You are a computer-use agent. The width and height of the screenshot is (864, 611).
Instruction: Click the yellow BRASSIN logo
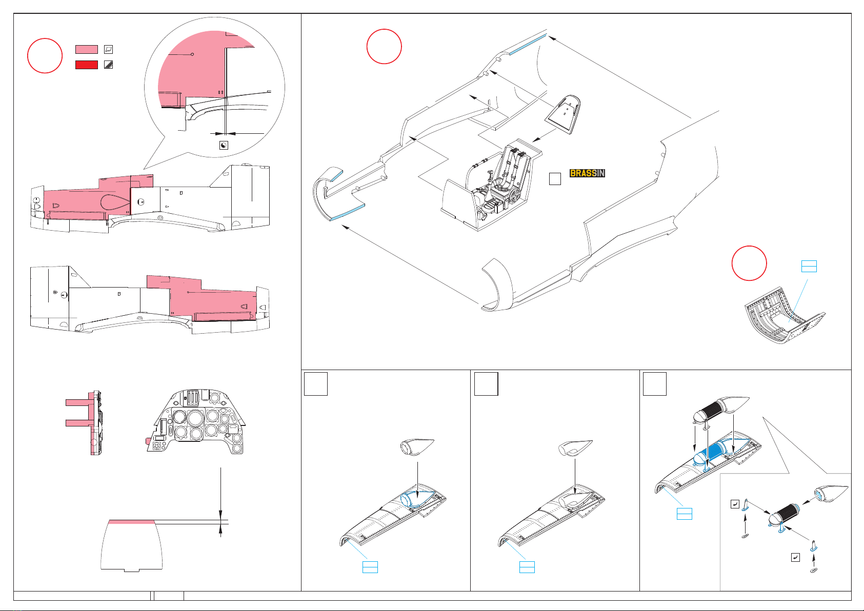click(587, 173)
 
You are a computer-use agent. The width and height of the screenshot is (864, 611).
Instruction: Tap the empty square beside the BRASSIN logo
click(555, 179)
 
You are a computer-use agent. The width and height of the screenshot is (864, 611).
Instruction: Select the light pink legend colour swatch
click(86, 49)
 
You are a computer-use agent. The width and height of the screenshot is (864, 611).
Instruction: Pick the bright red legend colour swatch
click(86, 65)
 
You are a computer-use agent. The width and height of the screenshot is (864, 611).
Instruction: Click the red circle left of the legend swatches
click(45, 55)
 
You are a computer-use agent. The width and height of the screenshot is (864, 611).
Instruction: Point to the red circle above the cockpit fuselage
click(384, 46)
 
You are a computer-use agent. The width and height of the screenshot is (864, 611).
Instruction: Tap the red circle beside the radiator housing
click(749, 263)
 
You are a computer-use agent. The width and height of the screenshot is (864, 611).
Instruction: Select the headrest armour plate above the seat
click(563, 114)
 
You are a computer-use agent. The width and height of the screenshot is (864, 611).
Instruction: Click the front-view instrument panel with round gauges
click(195, 421)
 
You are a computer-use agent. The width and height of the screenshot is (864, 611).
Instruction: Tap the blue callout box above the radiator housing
click(809, 266)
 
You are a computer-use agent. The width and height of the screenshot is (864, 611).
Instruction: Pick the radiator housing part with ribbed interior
click(785, 315)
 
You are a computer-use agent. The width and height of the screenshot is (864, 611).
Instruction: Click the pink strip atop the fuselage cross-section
click(132, 522)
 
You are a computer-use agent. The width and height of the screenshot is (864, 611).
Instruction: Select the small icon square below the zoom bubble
click(224, 146)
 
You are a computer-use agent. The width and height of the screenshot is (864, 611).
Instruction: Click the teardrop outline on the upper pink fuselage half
click(114, 201)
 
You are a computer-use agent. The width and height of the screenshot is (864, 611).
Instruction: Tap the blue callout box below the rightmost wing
click(684, 514)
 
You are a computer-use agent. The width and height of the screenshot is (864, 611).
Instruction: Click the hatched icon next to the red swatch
click(108, 65)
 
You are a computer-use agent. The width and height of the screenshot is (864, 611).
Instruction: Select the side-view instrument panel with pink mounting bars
click(84, 423)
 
